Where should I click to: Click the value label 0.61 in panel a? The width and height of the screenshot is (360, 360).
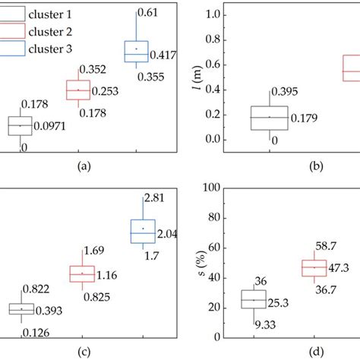[148, 11]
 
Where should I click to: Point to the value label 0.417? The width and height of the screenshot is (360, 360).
[165, 54]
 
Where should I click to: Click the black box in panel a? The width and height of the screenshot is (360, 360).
[20, 125]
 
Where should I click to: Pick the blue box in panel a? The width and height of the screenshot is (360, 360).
[136, 51]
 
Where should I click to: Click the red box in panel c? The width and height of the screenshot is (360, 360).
[82, 273]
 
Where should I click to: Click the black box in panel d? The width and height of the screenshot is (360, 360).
[254, 299]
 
